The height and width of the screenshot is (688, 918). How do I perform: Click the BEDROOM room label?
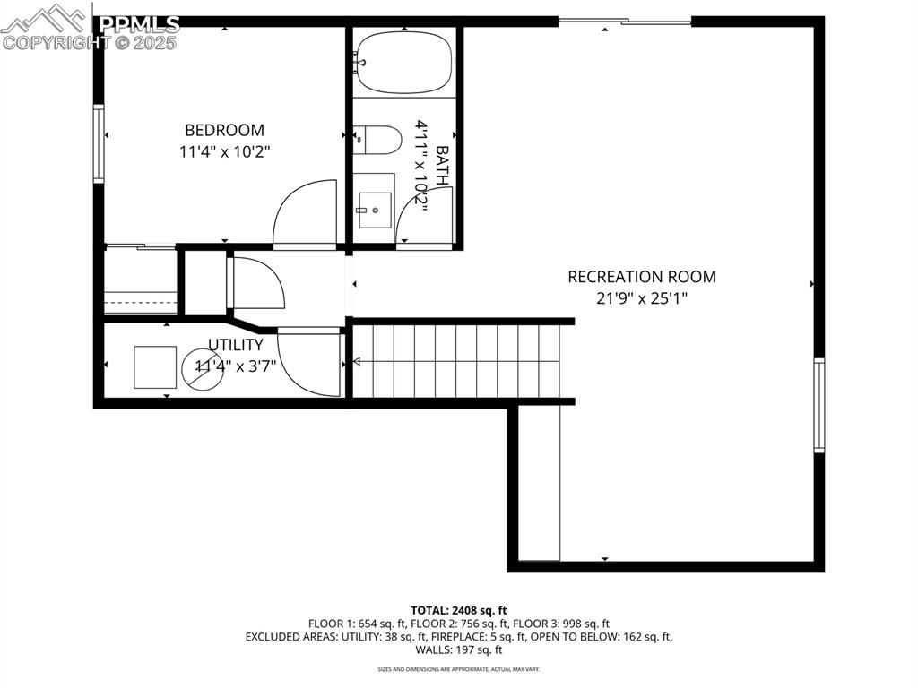[x=224, y=130]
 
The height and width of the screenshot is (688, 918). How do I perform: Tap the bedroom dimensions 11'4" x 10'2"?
[x=224, y=152]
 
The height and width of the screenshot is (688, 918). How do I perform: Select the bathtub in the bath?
[x=403, y=61]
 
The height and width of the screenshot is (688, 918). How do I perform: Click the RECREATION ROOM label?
[x=642, y=277]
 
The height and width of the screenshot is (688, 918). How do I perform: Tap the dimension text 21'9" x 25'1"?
[x=642, y=298]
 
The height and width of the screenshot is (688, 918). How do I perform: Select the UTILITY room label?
[x=236, y=345]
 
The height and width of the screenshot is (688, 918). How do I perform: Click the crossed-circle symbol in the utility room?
[x=204, y=368]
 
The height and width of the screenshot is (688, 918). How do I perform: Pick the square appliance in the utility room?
[x=155, y=366]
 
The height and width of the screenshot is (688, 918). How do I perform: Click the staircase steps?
[x=457, y=361]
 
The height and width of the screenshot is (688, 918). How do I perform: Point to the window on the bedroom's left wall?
[x=99, y=143]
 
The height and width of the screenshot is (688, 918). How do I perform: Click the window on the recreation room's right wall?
[x=818, y=404]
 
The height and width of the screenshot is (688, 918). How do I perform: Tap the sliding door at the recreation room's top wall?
[x=625, y=21]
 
